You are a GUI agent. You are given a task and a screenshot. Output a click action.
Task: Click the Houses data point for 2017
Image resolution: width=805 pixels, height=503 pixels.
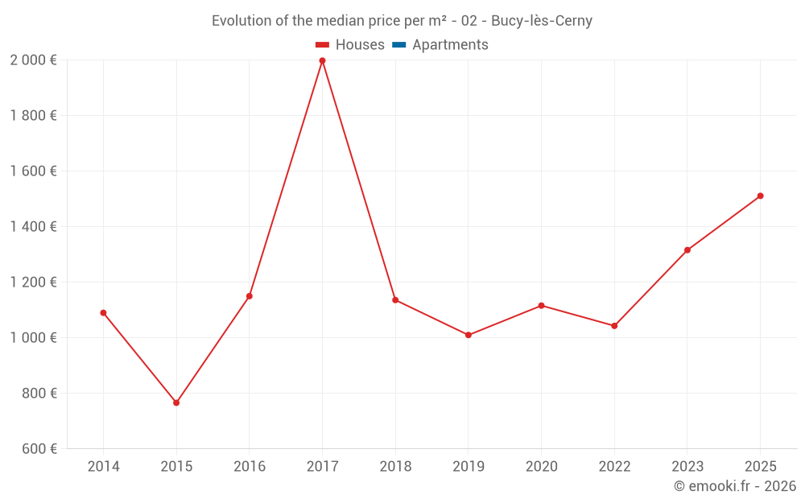322,60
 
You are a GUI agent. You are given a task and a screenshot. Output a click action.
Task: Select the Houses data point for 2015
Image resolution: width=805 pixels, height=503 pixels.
176,402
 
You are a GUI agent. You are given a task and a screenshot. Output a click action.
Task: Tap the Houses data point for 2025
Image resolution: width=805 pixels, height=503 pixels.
760,196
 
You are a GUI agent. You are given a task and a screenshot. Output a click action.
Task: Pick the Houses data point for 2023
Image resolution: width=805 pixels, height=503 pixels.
687,250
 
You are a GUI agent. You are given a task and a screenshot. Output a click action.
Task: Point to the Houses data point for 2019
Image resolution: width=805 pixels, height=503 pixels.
469,335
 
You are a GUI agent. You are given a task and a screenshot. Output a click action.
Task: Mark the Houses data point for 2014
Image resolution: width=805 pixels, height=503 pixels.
103,313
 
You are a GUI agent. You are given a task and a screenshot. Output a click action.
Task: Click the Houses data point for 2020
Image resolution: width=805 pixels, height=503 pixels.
541,306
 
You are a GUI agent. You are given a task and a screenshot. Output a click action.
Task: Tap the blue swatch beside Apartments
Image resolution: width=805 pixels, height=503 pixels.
398,45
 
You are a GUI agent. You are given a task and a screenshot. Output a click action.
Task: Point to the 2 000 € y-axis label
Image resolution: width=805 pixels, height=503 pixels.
33,60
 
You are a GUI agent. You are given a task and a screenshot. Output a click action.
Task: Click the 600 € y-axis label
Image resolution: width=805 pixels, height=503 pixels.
39,448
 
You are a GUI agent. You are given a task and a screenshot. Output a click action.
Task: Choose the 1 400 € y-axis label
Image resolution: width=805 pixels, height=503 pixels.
33,226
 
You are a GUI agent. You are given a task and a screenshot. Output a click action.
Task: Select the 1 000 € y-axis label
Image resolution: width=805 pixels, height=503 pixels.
33,337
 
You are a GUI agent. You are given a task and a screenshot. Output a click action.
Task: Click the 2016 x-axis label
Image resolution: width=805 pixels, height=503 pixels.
250,466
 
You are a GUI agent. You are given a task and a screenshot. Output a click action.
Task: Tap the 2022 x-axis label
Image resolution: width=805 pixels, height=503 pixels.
614,466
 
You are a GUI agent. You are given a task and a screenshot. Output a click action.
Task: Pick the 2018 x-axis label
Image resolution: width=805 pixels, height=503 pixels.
395,466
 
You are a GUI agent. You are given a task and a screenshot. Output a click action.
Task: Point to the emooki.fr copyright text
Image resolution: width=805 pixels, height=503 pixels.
735,486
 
